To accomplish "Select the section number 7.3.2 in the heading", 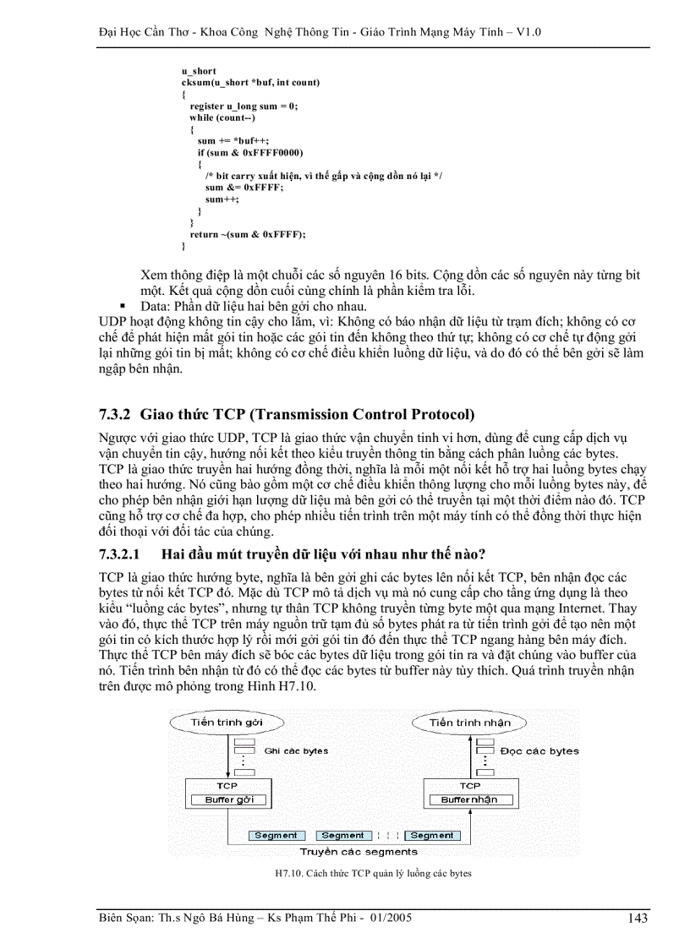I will tap(115, 414).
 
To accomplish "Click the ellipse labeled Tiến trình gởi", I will tap(227, 723).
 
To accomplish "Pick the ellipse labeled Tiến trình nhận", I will tap(469, 723).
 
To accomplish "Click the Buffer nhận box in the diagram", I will tap(469, 799).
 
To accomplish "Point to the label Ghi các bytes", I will tap(296, 750).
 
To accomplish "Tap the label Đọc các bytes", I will tap(539, 750).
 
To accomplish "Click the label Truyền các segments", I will tap(359, 852).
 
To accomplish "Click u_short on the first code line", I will tap(199, 71).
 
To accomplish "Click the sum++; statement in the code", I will tap(222, 199).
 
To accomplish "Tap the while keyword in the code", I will tap(202, 117).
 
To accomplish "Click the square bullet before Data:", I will tap(123, 306).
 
